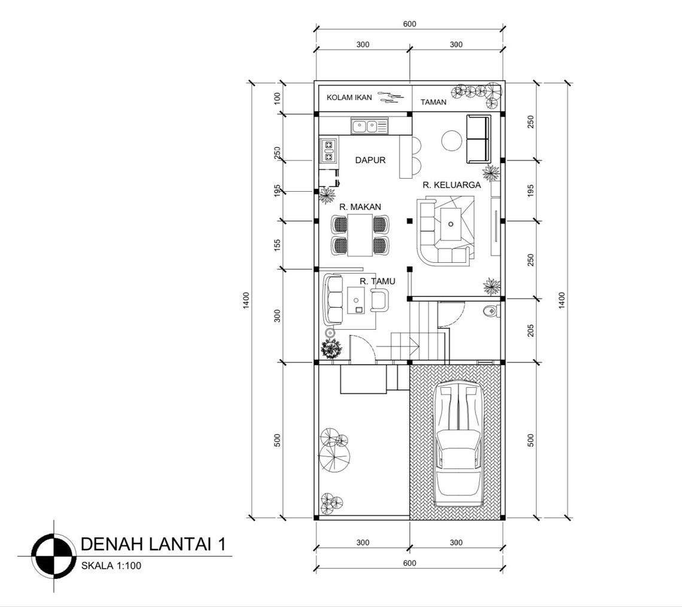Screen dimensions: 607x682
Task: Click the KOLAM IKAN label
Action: point(349,97)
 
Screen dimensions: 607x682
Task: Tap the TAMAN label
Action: point(433,102)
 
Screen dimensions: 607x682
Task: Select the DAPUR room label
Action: point(370,160)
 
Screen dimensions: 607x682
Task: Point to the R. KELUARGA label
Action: point(452,185)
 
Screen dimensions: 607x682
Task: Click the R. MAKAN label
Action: point(360,207)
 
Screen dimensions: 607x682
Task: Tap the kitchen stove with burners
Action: point(328,151)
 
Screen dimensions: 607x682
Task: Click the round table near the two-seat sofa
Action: point(452,142)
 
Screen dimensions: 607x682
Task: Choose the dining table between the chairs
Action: point(360,234)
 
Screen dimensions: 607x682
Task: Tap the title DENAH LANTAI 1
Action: point(153,544)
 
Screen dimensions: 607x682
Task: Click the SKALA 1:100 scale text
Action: point(111,566)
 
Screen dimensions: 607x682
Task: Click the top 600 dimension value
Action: point(409,24)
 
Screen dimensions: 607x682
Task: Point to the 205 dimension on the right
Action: point(531,330)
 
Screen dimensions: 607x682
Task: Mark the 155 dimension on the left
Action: point(277,245)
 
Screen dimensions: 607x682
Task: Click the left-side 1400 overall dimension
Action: point(246,301)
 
